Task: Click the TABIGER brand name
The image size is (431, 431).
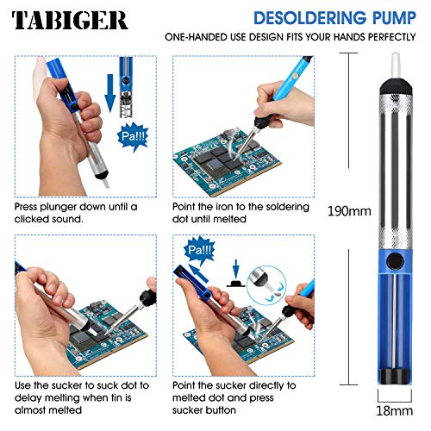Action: click(x=70, y=20)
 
